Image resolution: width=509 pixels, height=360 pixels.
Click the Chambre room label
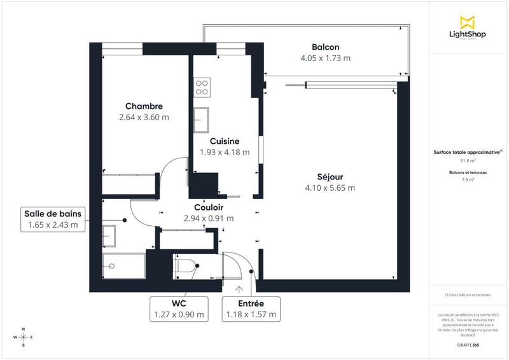click(x=144, y=106)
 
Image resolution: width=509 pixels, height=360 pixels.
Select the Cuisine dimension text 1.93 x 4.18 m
click(x=225, y=153)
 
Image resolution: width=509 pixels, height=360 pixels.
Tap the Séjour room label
click(x=330, y=176)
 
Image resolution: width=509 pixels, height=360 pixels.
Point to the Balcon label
click(x=325, y=47)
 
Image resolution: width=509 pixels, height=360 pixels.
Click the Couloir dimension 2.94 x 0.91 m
click(x=208, y=218)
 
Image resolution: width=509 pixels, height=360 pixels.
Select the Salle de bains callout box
click(x=53, y=218)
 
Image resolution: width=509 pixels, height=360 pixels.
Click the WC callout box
click(x=179, y=308)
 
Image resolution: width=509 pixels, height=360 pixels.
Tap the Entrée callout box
click(x=251, y=308)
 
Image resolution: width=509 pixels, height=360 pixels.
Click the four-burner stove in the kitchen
click(x=202, y=87)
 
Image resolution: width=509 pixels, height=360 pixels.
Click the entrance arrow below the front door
click(x=239, y=290)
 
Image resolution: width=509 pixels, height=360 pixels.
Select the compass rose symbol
click(x=24, y=337)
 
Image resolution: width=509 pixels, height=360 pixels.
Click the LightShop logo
click(x=468, y=27)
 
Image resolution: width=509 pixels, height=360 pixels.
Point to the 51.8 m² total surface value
click(x=468, y=161)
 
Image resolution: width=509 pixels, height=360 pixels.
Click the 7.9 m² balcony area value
click(x=468, y=181)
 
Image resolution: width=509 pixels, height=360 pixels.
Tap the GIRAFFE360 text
click(x=468, y=343)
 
